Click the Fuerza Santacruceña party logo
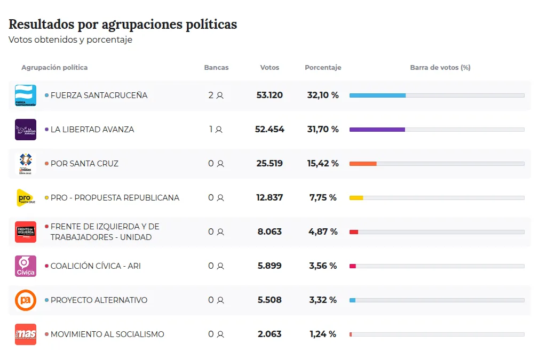point(26,95)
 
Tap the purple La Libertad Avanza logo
point(26,130)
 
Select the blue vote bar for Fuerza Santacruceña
point(377,95)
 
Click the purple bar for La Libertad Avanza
point(377,130)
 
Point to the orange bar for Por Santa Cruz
point(363,164)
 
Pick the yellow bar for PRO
point(356,198)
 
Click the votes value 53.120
point(269,95)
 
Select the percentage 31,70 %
point(323,130)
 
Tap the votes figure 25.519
point(269,164)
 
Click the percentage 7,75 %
point(323,198)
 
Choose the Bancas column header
point(216,68)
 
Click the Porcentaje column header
point(323,68)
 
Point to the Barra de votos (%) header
point(440,68)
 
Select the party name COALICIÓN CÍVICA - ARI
point(96,266)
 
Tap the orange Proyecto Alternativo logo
point(26,300)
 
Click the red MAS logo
point(26,334)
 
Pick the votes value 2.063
point(269,334)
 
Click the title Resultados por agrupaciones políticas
point(123,25)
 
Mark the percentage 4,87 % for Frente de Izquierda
point(323,232)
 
